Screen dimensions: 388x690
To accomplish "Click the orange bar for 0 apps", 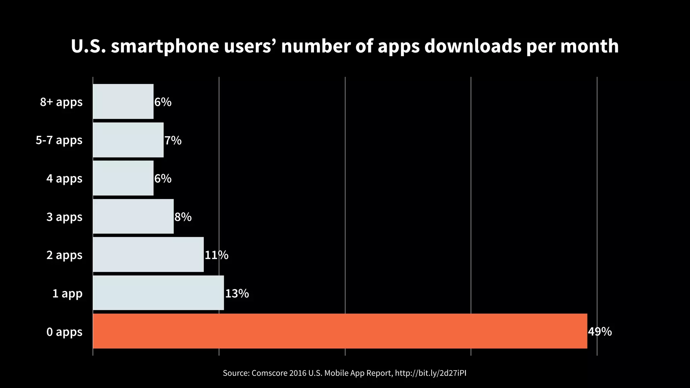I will [x=340, y=331].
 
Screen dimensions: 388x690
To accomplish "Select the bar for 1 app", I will [x=158, y=293].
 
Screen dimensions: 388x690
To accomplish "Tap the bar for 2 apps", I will [x=148, y=255].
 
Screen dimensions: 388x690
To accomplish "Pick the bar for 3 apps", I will [x=133, y=216].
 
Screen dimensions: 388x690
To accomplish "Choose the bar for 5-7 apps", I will [x=128, y=140].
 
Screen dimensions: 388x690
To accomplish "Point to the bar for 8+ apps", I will [x=123, y=101].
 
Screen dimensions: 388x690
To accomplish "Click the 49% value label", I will [x=600, y=332].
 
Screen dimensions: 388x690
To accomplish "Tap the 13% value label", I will [x=237, y=294].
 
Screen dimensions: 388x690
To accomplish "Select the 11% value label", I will [x=216, y=255].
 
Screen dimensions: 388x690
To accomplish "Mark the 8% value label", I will [x=183, y=217].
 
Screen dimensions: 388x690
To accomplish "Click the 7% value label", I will [x=173, y=140].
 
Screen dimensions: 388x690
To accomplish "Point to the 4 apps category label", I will [x=64, y=179].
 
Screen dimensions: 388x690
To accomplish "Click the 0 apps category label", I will [x=64, y=332].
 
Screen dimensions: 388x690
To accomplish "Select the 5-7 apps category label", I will [x=59, y=140].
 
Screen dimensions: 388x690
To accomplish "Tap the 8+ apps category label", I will [x=61, y=102].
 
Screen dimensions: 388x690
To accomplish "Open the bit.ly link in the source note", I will [x=431, y=373].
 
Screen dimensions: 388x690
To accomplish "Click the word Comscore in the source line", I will [x=269, y=373].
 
